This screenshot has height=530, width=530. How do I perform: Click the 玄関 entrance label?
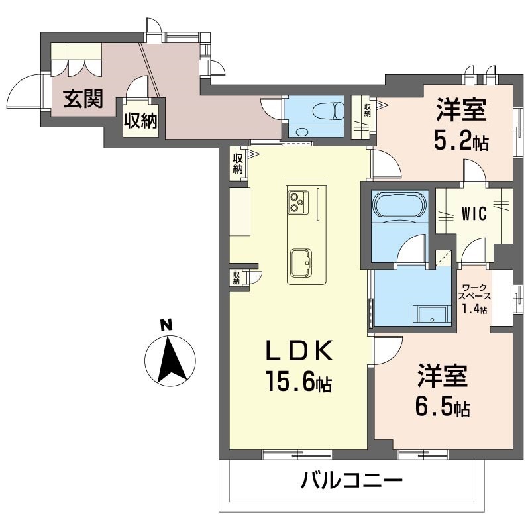(x=83, y=99)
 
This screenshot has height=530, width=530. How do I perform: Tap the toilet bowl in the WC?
(x=329, y=111)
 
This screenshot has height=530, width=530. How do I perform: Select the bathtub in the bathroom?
(x=399, y=205)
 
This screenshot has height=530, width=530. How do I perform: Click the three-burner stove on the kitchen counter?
(x=298, y=202)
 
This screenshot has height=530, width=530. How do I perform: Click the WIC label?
(x=474, y=213)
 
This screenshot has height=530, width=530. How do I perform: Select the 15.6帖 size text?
(x=299, y=381)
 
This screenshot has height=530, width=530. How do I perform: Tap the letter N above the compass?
(x=166, y=326)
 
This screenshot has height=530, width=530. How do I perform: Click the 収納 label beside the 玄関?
(x=140, y=121)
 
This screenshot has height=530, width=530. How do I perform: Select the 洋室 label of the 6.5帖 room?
(x=443, y=376)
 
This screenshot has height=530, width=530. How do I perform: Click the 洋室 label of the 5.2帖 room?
(x=461, y=110)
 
